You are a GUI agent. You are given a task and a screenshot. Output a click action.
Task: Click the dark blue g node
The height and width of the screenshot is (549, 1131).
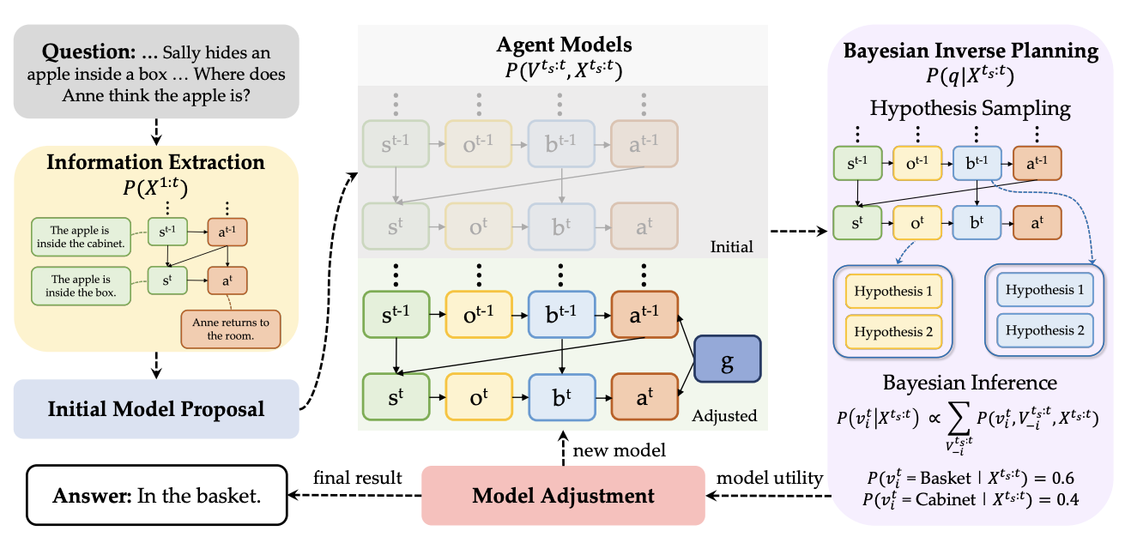[x=727, y=361]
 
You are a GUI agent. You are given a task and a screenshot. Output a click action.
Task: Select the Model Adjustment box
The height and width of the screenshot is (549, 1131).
[x=563, y=495]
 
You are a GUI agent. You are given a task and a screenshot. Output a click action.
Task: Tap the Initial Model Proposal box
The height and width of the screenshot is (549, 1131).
[x=156, y=408]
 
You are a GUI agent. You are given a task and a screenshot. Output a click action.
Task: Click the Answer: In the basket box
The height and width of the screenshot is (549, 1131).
[x=156, y=495]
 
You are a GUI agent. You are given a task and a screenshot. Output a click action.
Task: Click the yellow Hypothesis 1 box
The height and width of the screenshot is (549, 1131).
[x=892, y=292]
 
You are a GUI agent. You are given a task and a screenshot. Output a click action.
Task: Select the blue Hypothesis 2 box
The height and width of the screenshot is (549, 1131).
[x=1043, y=330]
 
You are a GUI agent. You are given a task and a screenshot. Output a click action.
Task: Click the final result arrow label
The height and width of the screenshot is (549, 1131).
[x=358, y=477]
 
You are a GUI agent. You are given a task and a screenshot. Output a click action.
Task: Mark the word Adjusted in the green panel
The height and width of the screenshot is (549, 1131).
[x=724, y=416]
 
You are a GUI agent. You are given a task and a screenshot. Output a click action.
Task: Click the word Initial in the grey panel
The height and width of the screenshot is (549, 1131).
[x=731, y=247]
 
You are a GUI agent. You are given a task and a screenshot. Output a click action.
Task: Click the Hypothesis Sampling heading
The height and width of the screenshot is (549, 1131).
[x=970, y=109]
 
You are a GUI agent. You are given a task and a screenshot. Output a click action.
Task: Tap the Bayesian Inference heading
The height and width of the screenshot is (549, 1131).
[x=970, y=383]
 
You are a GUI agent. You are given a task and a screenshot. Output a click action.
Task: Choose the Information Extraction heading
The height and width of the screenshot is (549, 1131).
[x=155, y=162]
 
